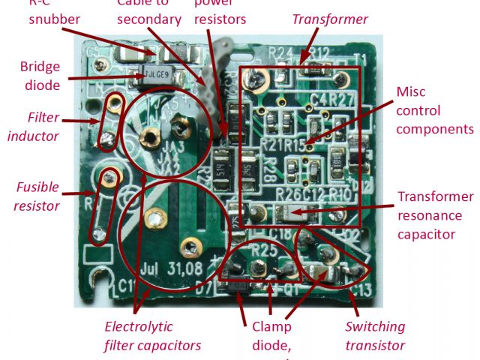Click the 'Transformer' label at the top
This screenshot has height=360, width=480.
click(330, 19)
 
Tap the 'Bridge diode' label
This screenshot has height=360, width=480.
click(40, 76)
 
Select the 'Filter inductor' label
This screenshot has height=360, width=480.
click(43, 126)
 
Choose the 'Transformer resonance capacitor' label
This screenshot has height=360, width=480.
click(436, 215)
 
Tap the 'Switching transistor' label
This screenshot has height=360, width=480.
click(375, 335)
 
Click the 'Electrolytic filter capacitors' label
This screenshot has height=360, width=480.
click(152, 335)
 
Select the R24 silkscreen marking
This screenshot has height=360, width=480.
click(279, 52)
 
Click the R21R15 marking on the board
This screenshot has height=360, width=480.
click(286, 144)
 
